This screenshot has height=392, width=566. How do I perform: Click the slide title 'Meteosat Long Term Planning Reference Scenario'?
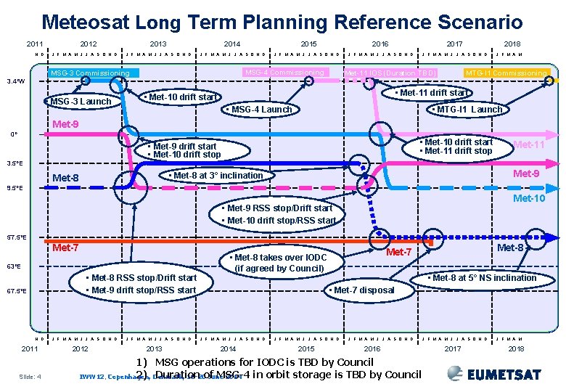click(282, 23)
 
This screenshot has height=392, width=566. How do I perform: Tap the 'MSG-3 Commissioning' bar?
click(90, 73)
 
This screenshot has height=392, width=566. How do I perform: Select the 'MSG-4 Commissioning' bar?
click(284, 73)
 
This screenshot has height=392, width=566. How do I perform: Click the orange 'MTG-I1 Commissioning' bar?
click(506, 73)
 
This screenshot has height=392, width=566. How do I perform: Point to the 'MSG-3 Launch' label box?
click(81, 101)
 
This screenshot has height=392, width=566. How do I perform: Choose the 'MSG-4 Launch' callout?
click(258, 110)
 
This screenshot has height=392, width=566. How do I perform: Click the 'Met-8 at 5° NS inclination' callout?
click(483, 278)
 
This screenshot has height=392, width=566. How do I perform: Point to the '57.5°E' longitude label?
click(16, 237)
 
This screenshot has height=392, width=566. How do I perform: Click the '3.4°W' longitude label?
click(15, 81)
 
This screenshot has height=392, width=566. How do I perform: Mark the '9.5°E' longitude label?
click(15, 188)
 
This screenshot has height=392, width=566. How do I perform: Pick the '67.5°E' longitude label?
click(16, 291)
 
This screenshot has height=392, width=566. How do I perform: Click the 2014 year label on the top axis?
click(232, 44)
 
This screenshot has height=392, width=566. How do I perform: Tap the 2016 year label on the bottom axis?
click(372, 349)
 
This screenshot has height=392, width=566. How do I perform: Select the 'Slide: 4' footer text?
click(28, 376)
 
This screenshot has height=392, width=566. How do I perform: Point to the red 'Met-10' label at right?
click(528, 199)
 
